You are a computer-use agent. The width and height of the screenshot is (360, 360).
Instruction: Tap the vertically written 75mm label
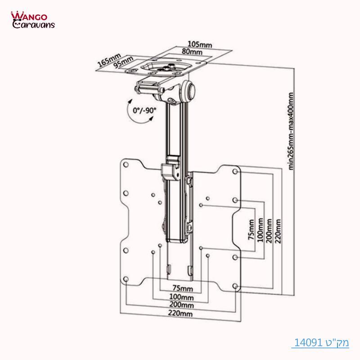pyautogui.click(x=251, y=231)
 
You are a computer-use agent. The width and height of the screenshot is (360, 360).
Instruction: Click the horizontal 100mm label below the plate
pyautogui.click(x=181, y=297)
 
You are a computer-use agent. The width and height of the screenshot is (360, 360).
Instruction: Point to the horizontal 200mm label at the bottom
pyautogui.click(x=181, y=306)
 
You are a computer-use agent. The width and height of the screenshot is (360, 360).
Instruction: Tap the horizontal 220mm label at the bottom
pyautogui.click(x=181, y=314)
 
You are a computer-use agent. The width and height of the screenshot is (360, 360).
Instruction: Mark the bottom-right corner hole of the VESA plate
pyautogui.click(x=235, y=285)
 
